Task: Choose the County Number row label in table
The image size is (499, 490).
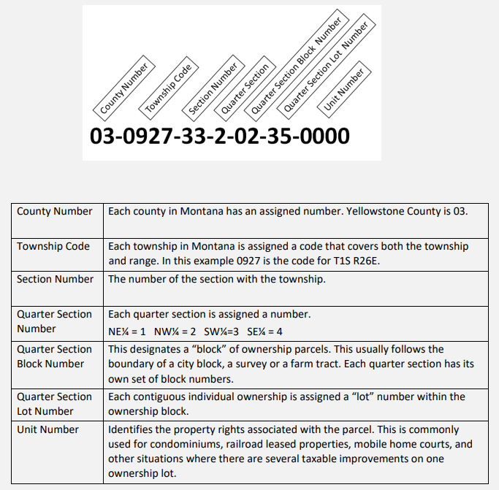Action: [55, 212]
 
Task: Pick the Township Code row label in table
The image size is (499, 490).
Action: [53, 246]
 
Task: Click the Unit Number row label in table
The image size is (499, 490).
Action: [47, 429]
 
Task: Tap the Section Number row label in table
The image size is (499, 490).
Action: [55, 279]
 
